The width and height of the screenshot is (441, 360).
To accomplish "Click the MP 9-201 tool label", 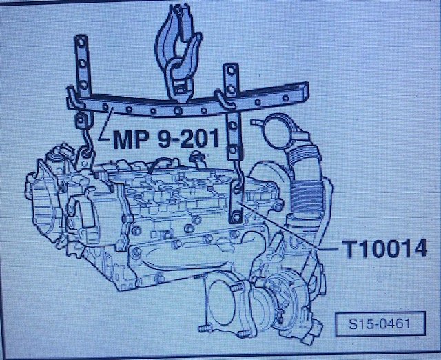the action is click(166, 139).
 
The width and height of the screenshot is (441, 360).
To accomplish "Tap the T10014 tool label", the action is click(384, 249).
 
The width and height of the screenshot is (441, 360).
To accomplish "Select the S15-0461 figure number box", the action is click(380, 323).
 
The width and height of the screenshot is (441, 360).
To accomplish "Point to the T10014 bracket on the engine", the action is click(236, 202).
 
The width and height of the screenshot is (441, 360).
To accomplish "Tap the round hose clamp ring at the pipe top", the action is click(277, 131).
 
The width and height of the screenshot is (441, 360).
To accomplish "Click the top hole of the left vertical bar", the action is click(81, 43).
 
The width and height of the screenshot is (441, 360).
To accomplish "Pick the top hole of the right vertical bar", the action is click(232, 70).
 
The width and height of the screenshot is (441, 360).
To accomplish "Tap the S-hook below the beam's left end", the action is click(87, 141).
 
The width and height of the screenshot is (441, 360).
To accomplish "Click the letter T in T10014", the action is click(349, 249).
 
